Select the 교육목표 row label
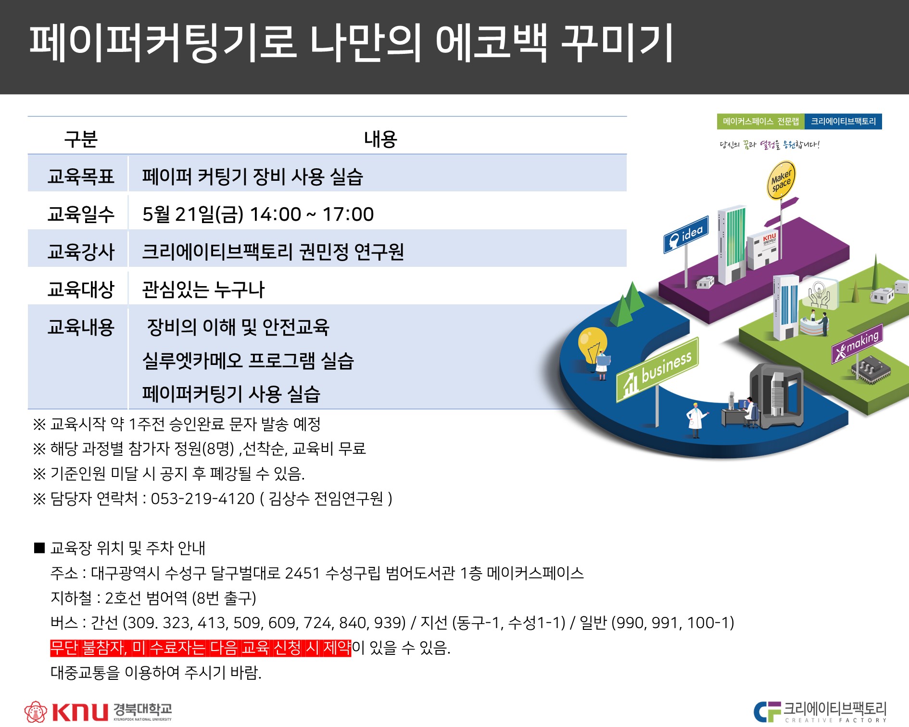81,176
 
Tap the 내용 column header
380,139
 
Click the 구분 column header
81,139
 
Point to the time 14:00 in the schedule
276,214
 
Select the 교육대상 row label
81,289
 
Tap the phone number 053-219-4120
202,499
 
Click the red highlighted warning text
201,648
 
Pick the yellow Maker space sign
781,180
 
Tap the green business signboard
657,370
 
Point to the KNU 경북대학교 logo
98,711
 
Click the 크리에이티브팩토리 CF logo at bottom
820,712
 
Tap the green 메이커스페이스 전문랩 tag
760,122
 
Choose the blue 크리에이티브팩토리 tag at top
843,122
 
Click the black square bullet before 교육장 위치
39,548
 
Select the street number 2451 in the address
302,573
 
